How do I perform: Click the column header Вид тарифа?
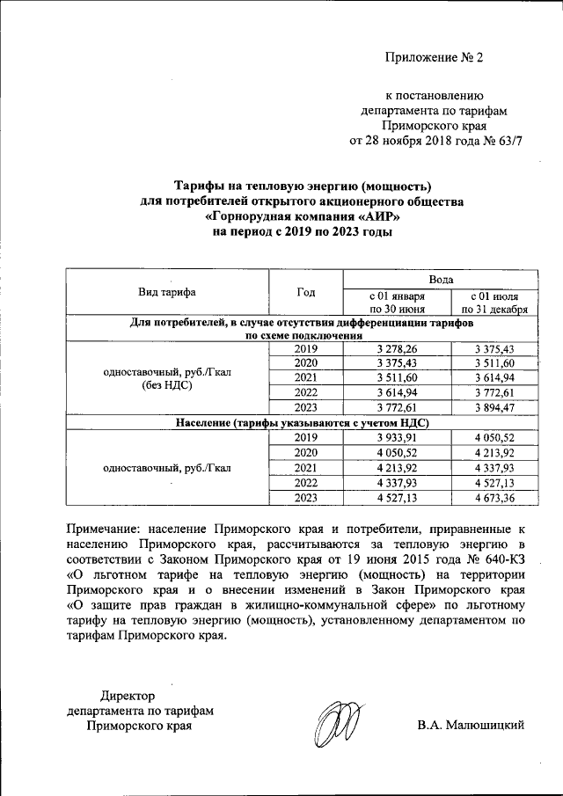coord(166,292)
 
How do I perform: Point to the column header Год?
coord(305,292)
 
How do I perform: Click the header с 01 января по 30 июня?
coord(397,302)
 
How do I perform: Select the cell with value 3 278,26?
coord(397,349)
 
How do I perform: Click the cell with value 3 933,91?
coord(397,437)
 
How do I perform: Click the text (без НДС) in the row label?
coord(166,385)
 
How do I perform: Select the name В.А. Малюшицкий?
coord(472,725)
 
